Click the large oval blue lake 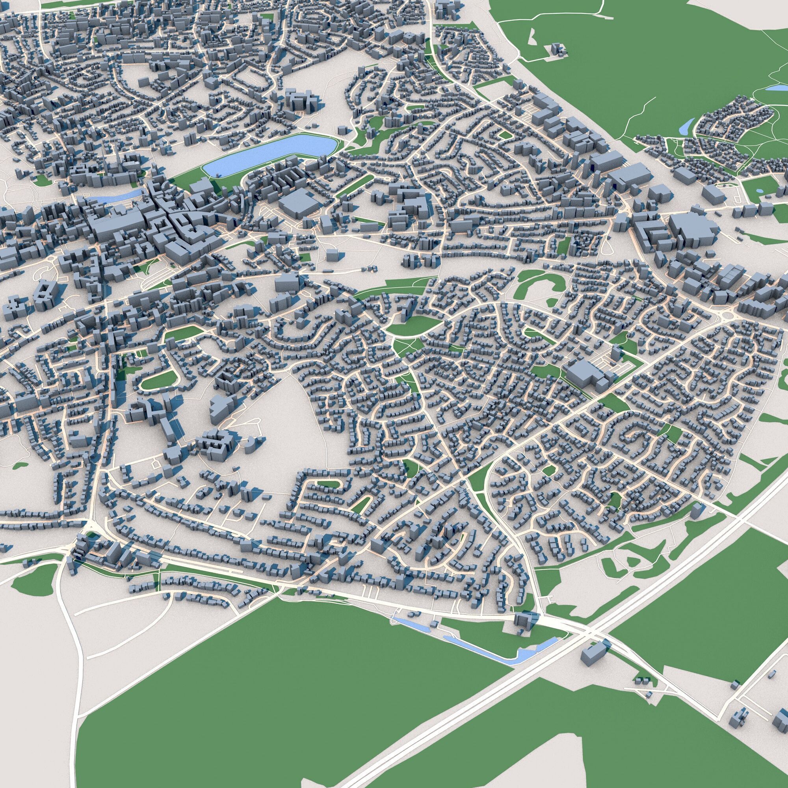point(269,155)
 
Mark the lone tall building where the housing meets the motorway point(697,510)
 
